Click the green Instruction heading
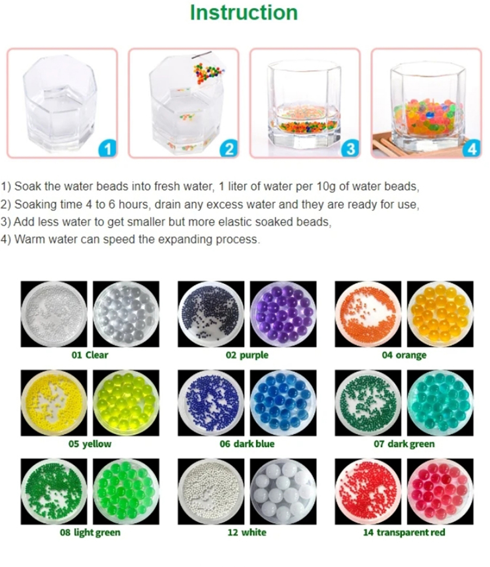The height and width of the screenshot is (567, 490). (x=244, y=13)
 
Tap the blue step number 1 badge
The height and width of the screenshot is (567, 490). (x=107, y=149)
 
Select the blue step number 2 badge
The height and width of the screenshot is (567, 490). (x=229, y=149)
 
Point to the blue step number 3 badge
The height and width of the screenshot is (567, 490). (x=350, y=149)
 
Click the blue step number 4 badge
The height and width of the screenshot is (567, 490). (x=471, y=149)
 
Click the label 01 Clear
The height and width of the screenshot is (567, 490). (x=90, y=355)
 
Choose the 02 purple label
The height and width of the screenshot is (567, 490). (x=247, y=355)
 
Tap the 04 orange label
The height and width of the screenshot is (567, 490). (x=404, y=355)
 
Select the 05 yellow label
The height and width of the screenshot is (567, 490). (x=90, y=444)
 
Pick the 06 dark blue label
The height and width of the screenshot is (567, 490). (x=247, y=444)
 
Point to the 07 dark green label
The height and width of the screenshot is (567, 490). (x=404, y=444)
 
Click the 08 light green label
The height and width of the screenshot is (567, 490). (x=90, y=532)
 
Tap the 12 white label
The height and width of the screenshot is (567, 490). (x=247, y=532)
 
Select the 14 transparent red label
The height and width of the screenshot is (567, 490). (x=404, y=532)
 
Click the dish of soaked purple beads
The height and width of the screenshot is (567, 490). (x=283, y=314)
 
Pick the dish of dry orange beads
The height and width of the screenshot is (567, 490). (x=368, y=314)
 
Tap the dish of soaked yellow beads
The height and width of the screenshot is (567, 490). (x=126, y=403)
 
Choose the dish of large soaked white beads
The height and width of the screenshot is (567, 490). (x=283, y=491)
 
